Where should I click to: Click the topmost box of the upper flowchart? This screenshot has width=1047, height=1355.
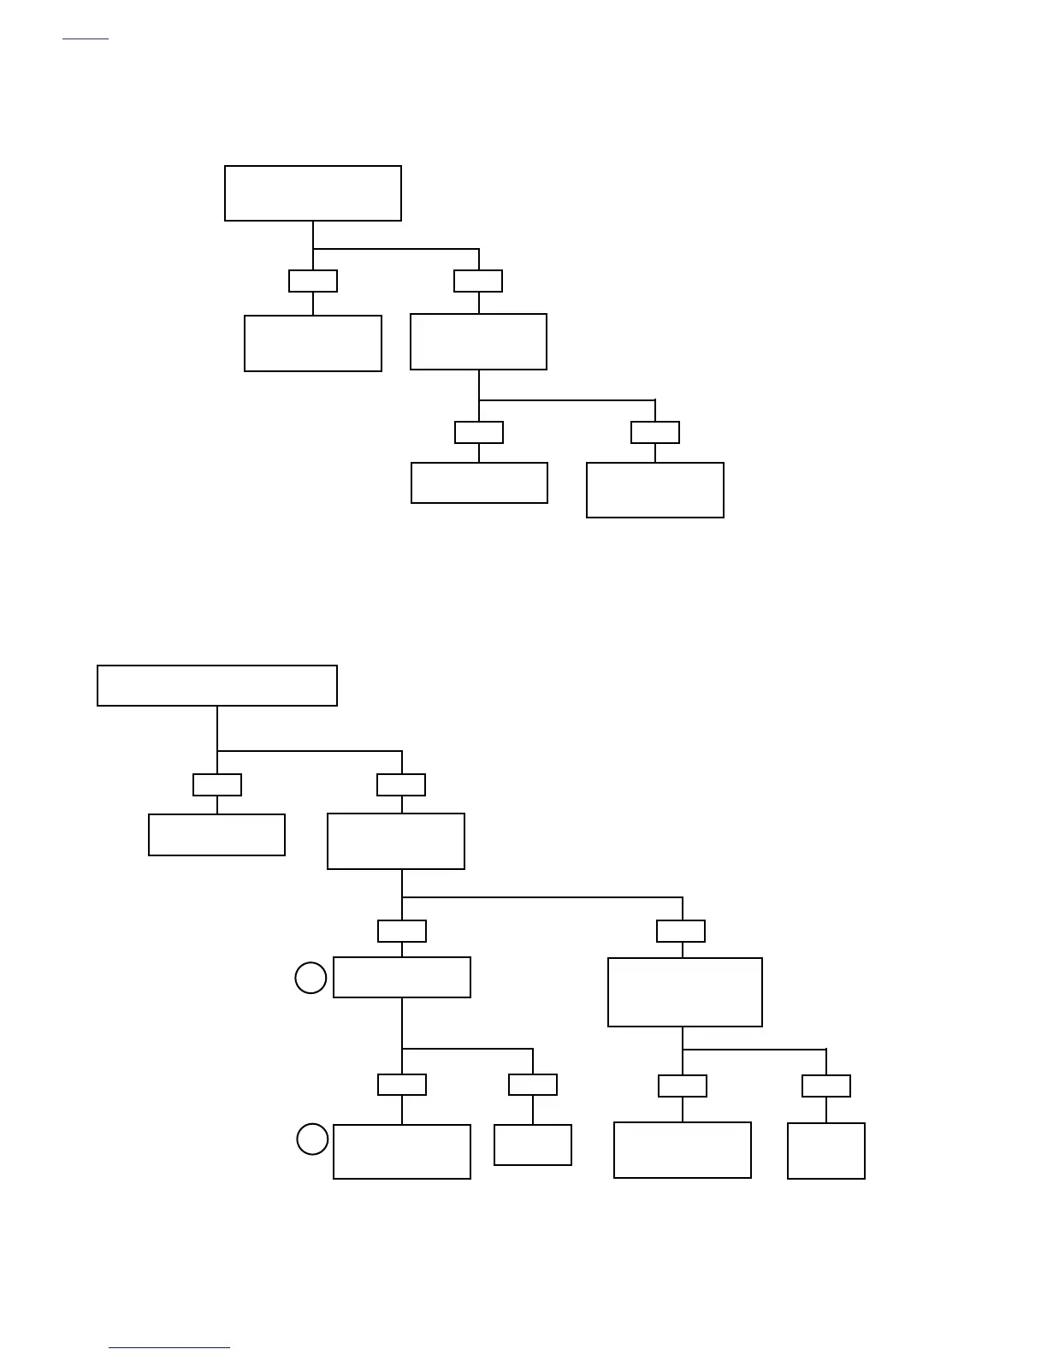click(x=313, y=193)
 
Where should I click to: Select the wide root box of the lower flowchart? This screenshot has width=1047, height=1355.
click(x=217, y=685)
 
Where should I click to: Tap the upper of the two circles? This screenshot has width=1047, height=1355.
click(x=311, y=978)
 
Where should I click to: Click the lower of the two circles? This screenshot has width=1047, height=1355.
click(x=312, y=1139)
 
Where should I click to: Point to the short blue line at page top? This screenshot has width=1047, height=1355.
click(x=86, y=38)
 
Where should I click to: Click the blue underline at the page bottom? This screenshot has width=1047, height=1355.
click(x=169, y=1347)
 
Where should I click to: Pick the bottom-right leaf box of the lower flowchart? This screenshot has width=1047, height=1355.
click(x=826, y=1151)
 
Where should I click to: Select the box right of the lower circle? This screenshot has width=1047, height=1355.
click(x=402, y=1151)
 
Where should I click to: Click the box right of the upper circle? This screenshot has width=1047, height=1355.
click(x=402, y=977)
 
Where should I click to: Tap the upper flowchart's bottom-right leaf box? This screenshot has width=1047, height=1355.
click(x=655, y=490)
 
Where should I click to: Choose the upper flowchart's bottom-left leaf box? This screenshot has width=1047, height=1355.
click(x=479, y=482)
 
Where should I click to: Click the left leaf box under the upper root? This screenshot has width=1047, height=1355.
click(x=313, y=343)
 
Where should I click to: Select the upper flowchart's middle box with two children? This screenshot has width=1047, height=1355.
click(x=478, y=341)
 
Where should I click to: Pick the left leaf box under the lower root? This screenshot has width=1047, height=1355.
click(x=216, y=834)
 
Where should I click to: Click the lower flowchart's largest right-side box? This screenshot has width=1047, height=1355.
click(x=685, y=991)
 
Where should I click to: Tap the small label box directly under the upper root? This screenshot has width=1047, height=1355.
click(x=313, y=281)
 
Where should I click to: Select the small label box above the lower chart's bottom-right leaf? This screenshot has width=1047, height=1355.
click(x=826, y=1086)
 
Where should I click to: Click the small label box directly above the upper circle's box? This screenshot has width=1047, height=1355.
click(x=402, y=931)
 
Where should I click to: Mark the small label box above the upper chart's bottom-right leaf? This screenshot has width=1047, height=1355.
click(x=655, y=432)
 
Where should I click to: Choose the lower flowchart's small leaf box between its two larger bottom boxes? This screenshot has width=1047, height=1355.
click(x=533, y=1145)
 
